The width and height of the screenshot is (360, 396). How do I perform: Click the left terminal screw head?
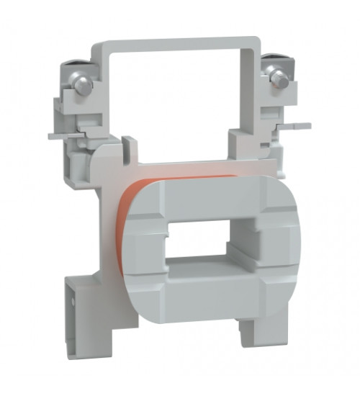[x=83, y=85]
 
